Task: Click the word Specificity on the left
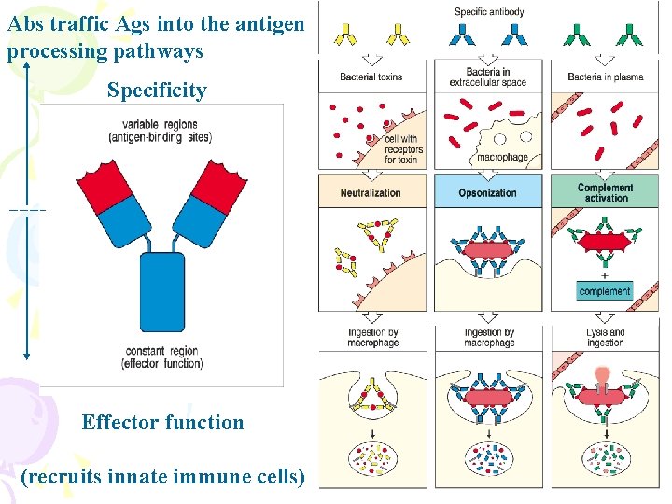156,91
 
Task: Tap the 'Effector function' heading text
162,422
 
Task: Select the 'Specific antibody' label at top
489,12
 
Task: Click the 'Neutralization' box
371,192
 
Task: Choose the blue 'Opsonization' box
487,192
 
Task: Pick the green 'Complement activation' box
605,192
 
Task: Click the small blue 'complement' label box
605,291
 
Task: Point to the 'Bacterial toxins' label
371,77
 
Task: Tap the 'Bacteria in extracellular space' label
487,77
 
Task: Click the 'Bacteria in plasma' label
605,77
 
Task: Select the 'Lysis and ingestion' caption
605,337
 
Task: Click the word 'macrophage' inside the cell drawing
502,158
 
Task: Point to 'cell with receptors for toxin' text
403,149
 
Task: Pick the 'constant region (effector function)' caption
162,357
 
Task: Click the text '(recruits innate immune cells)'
162,477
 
